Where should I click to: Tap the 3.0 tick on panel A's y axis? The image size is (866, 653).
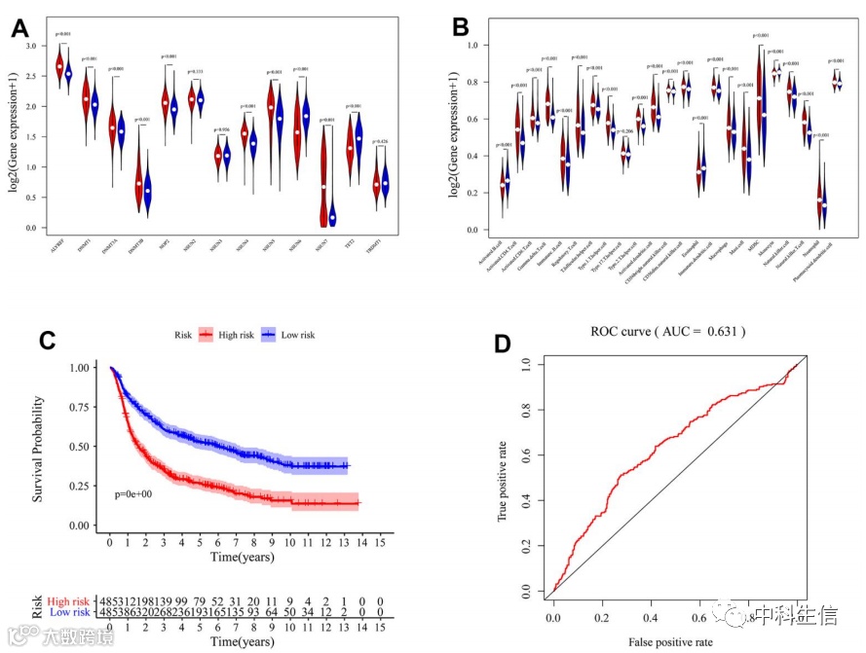[32, 46]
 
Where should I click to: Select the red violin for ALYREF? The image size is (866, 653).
[59, 66]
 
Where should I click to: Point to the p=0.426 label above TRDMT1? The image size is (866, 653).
[386, 142]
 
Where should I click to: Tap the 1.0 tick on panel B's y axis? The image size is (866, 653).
[471, 46]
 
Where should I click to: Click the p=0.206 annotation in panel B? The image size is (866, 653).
[626, 130]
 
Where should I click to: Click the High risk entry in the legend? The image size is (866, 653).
[226, 335]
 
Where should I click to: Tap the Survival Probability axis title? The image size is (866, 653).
[39, 448]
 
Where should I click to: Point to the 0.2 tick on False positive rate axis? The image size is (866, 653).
[604, 617]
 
